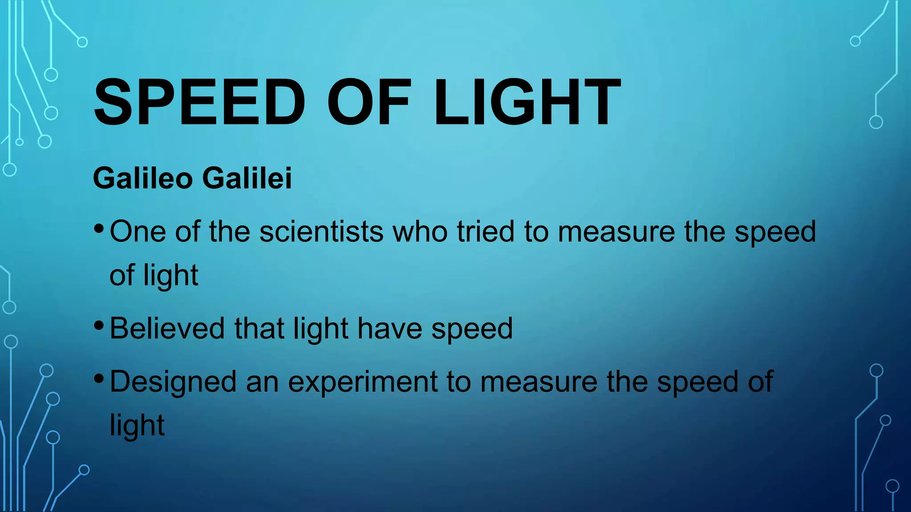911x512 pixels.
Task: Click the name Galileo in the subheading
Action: (x=143, y=178)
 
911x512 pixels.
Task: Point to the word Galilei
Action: (x=247, y=178)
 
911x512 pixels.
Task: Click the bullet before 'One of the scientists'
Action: (x=99, y=229)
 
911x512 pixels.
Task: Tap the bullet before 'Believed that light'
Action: (x=99, y=326)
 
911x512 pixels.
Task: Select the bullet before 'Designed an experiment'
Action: (x=99, y=379)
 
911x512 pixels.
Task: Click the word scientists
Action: (x=321, y=232)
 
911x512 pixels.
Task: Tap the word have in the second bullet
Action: (x=390, y=328)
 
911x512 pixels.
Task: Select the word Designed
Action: (x=173, y=382)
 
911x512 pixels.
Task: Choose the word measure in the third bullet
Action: (x=539, y=382)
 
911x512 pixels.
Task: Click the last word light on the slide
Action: (x=137, y=426)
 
